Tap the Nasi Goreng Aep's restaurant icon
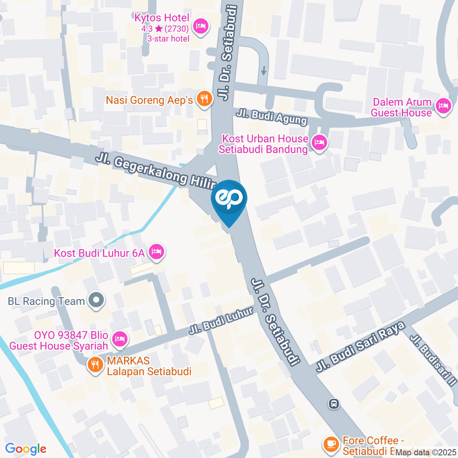tap(205, 99)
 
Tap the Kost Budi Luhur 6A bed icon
tap(156, 252)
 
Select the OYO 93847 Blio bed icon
tap(120, 339)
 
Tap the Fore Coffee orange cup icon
tap(330, 444)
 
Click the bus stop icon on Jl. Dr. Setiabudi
tap(334, 404)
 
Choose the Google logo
tap(26, 448)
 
